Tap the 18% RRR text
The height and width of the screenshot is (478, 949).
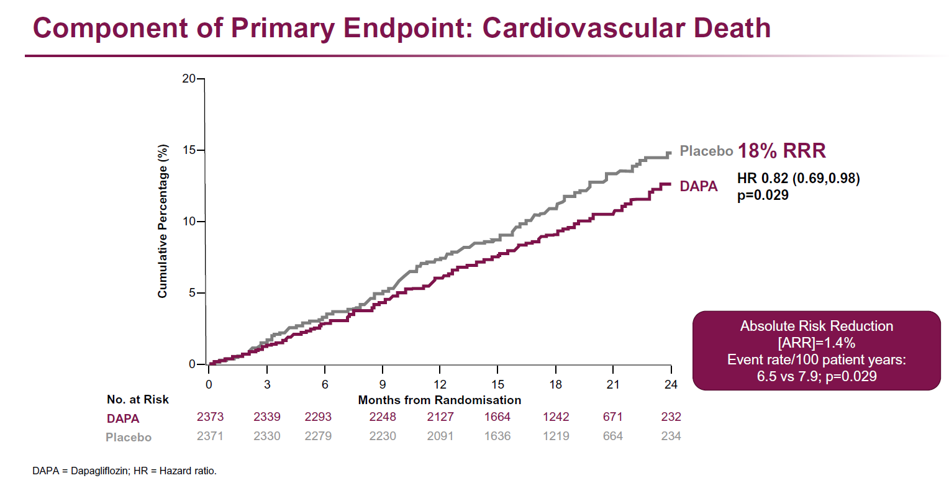coord(781,151)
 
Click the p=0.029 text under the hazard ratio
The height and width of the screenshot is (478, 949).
coord(763,196)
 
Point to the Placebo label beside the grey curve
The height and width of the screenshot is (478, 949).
coord(706,151)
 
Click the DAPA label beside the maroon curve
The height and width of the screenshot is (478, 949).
coord(699,186)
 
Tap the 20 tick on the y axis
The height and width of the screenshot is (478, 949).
coord(188,79)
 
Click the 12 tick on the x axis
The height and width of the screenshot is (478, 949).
coord(440,385)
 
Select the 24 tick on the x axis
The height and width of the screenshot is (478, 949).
coord(671,385)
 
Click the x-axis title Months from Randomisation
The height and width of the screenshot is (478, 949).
coord(439,400)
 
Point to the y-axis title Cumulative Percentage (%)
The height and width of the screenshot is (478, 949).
coord(163,222)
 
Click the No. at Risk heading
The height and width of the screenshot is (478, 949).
coord(137,400)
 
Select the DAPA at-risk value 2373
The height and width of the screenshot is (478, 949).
coord(209,417)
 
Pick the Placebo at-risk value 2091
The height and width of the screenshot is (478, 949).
coord(440,436)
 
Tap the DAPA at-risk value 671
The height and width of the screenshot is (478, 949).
coord(613,417)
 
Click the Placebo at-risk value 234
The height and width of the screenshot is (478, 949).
coord(671,436)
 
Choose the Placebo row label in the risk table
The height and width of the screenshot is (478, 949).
coord(129,437)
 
